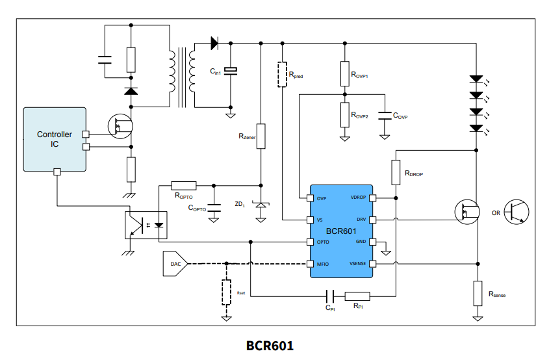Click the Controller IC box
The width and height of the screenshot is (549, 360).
coord(55,140)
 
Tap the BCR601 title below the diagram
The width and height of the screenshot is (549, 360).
coord(274,345)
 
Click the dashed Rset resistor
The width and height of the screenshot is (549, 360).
coord(226,292)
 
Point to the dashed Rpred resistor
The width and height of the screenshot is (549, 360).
coord(282,75)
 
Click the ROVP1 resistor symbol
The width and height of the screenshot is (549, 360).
coord(344,73)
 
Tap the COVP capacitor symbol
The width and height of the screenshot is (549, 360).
coord(385,115)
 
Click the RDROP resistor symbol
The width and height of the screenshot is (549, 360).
coord(396,172)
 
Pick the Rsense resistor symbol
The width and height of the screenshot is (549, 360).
coord(478,292)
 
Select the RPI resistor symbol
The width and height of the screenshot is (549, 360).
coord(357,296)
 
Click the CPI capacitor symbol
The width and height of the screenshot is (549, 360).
coord(329,296)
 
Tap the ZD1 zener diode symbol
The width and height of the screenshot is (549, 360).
coord(261,205)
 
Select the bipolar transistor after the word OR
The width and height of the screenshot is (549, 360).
coord(517,212)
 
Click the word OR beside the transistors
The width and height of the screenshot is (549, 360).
coord(496,212)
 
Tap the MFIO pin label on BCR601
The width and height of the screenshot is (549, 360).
coord(323,264)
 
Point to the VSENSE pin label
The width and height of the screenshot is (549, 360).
coord(358,264)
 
